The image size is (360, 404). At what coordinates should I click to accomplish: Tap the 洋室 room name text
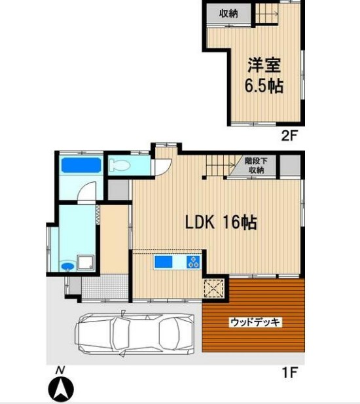(x=265, y=66)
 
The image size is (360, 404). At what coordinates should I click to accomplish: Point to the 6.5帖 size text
(x=264, y=86)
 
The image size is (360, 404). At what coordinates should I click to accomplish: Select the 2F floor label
(x=289, y=137)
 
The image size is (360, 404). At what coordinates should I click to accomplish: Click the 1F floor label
(x=289, y=373)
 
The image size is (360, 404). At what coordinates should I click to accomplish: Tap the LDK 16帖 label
(x=219, y=223)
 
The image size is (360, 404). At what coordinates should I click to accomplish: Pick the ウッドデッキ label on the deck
(x=255, y=322)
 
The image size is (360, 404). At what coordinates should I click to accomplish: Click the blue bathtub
(x=81, y=165)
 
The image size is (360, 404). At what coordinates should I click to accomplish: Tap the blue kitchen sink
(x=164, y=263)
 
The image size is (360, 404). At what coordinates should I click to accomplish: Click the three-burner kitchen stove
(x=194, y=263)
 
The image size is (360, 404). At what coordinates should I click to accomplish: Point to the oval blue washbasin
(x=67, y=266)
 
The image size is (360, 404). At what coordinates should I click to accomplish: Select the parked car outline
(x=135, y=332)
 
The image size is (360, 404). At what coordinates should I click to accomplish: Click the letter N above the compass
(x=60, y=371)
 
